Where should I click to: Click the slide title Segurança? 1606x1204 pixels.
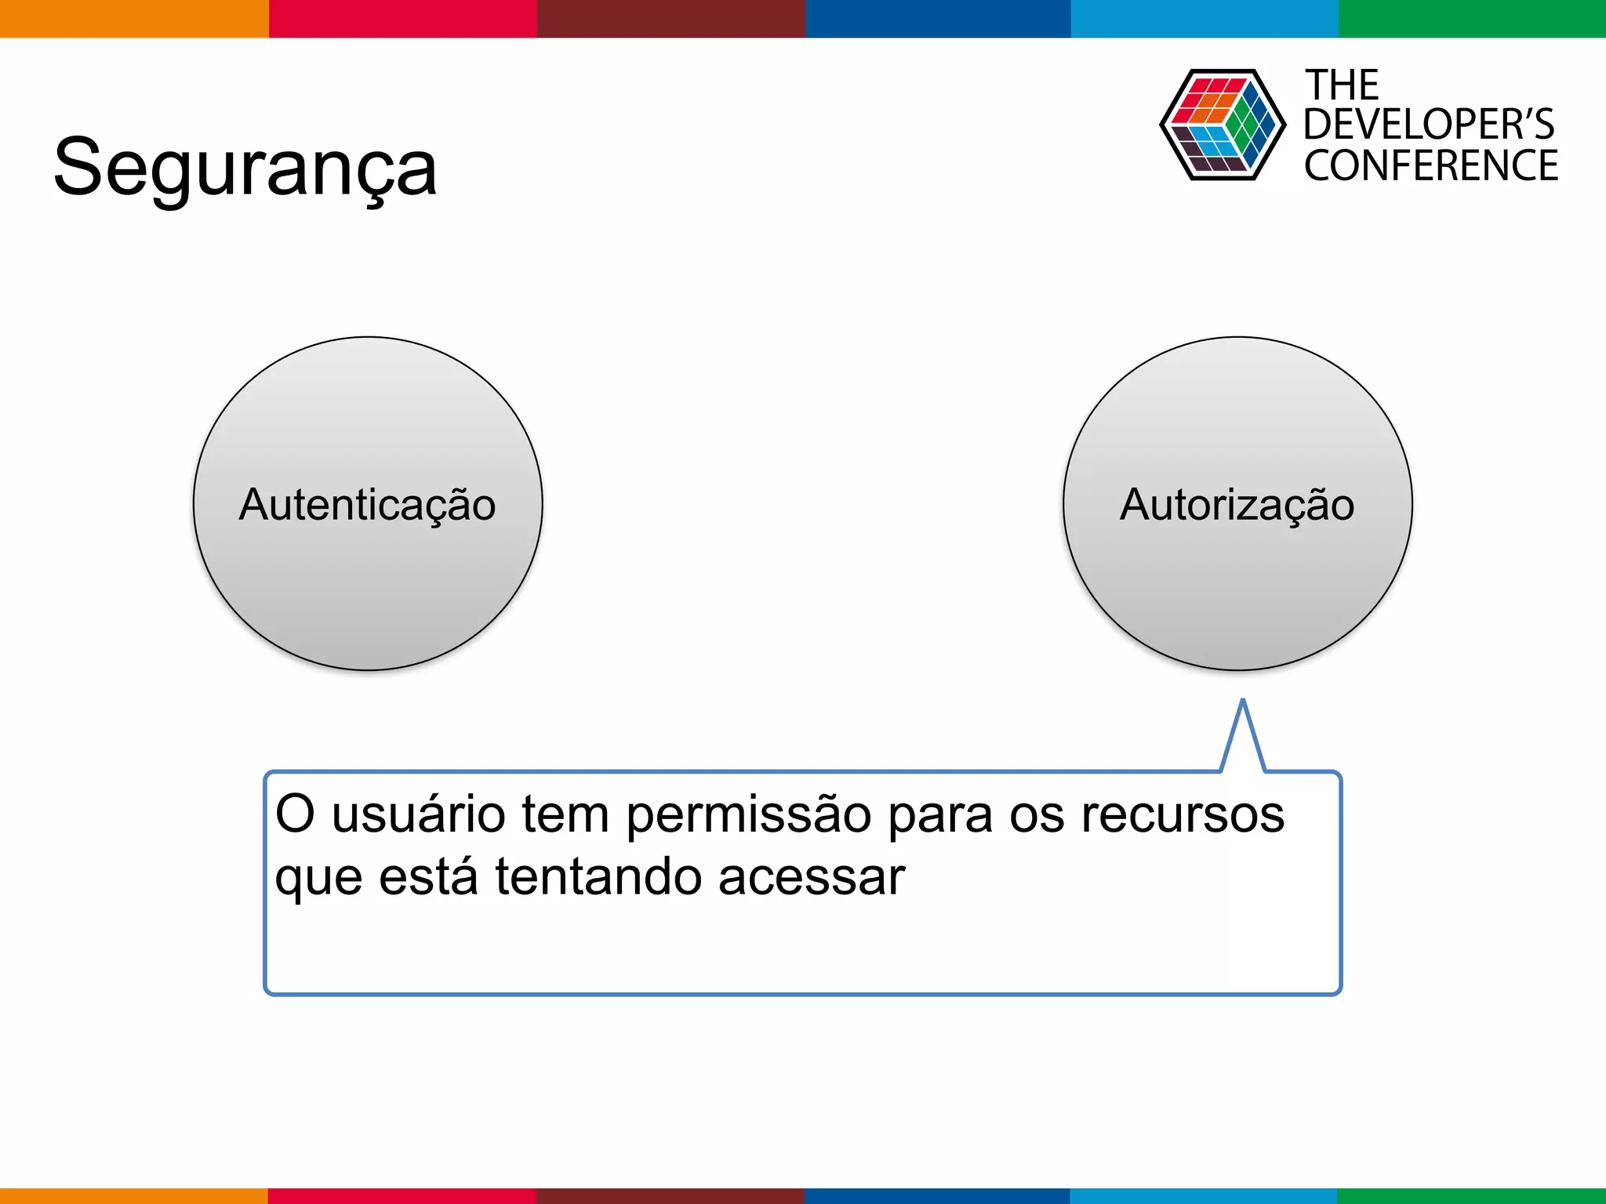click(x=245, y=168)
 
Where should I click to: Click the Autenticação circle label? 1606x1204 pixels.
click(x=367, y=504)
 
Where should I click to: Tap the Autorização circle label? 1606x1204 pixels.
click(x=1237, y=504)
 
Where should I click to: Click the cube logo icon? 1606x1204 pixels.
click(x=1222, y=125)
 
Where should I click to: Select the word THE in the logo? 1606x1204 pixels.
click(x=1342, y=85)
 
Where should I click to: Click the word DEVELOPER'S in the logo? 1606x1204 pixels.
click(x=1429, y=125)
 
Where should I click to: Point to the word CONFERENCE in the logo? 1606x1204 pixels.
click(x=1431, y=166)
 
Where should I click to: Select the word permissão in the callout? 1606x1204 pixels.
click(x=748, y=815)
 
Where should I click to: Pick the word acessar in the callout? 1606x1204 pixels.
click(x=812, y=877)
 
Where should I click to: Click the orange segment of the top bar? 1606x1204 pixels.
click(x=134, y=18)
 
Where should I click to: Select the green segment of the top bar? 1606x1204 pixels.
click(x=1472, y=18)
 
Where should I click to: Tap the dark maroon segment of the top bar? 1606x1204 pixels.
click(x=671, y=18)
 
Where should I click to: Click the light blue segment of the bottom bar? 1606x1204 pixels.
click(x=1204, y=1196)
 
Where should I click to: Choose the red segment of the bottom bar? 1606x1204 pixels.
click(x=402, y=1196)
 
